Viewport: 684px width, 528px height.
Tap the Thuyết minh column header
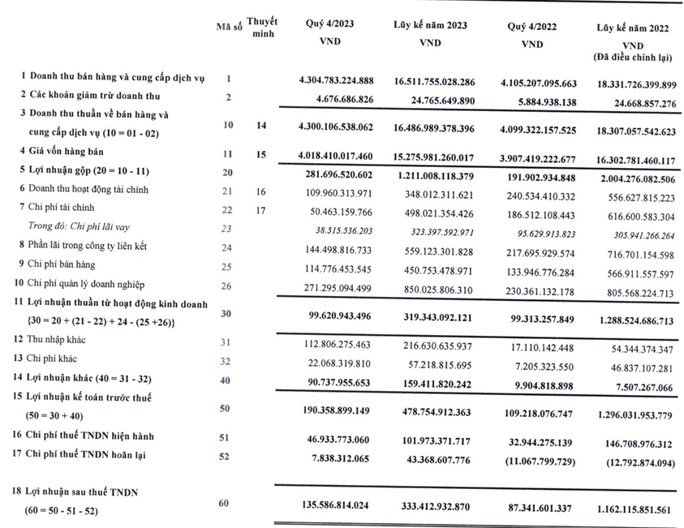[261, 27]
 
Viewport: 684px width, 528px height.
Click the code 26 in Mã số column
[229, 285]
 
